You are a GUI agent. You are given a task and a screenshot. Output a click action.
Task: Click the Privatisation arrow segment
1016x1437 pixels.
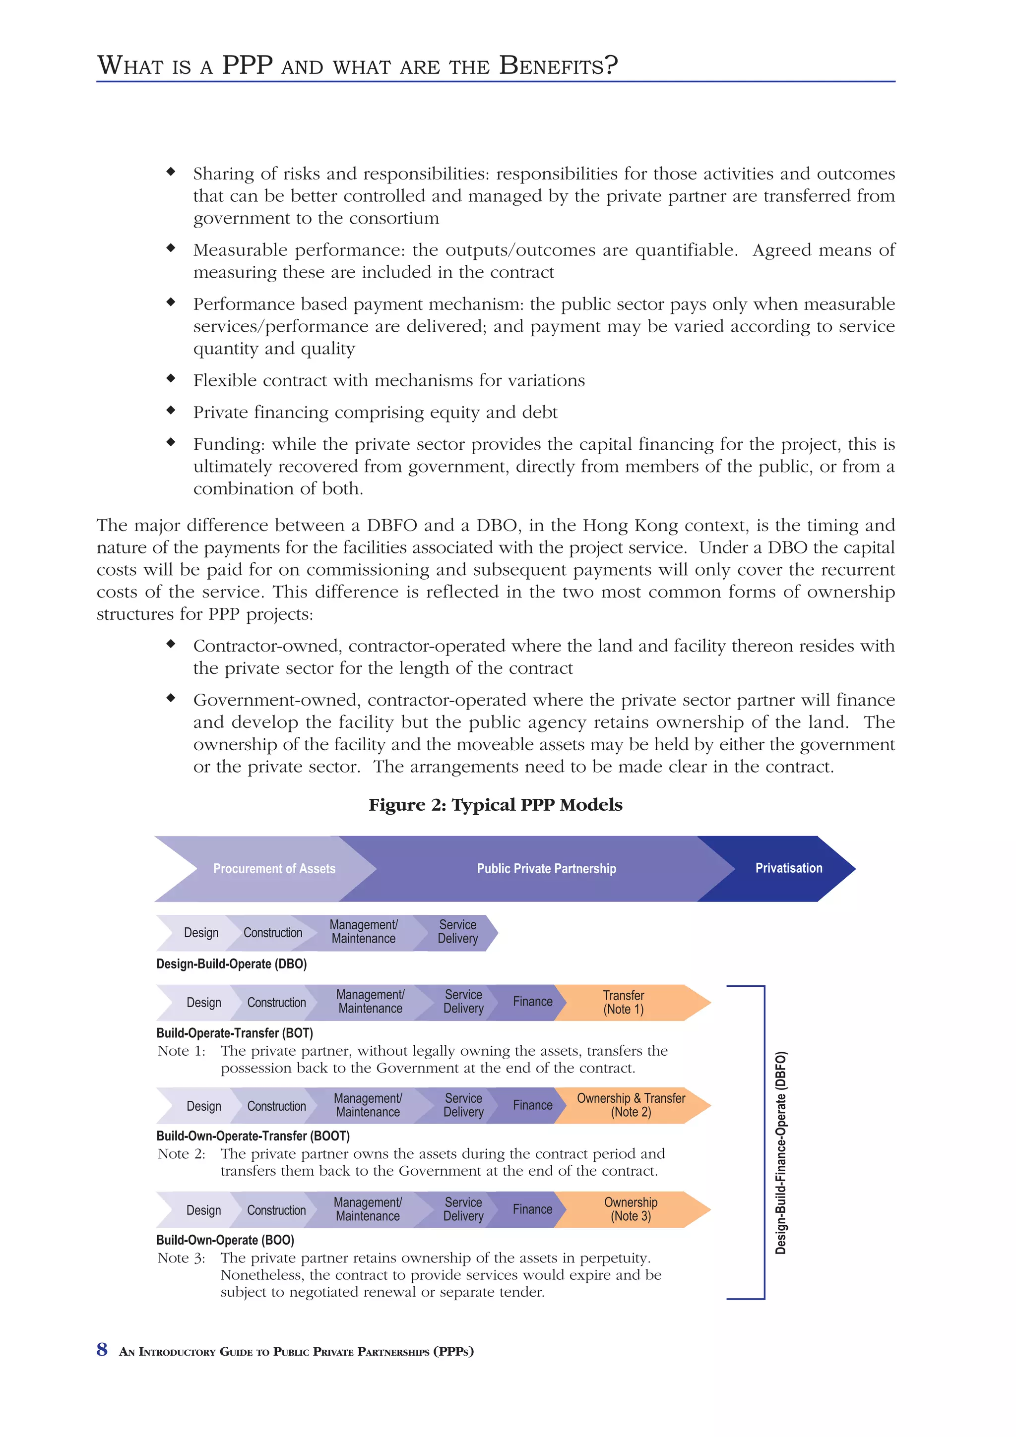[788, 868]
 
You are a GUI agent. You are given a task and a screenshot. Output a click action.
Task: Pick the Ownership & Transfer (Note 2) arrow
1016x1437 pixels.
[631, 1105]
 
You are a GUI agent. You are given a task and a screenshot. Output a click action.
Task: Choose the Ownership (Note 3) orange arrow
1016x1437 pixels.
[631, 1209]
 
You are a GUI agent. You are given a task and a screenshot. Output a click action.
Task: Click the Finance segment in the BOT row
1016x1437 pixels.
[532, 1002]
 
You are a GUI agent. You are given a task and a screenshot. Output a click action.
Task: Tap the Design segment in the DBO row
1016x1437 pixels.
[201, 933]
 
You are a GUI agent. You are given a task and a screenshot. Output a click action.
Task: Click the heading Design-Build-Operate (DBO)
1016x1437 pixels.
[231, 964]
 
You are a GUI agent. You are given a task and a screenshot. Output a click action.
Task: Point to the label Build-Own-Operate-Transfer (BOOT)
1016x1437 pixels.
[253, 1136]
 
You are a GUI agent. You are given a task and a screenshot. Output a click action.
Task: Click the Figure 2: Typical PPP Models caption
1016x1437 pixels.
[495, 805]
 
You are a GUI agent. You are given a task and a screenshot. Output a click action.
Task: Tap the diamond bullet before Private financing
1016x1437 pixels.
[170, 410]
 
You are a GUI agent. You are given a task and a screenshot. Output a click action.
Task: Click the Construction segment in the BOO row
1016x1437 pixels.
[276, 1210]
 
